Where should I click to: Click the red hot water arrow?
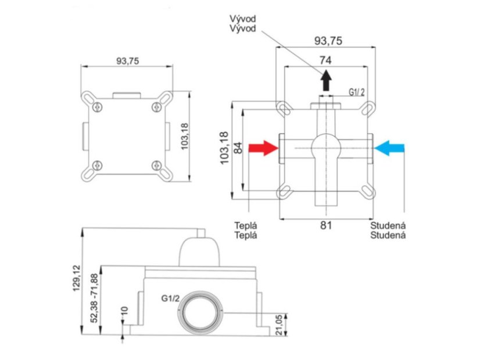pyautogui.click(x=263, y=148)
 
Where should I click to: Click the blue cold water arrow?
pyautogui.click(x=389, y=148)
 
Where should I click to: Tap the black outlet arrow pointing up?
pyautogui.click(x=326, y=80)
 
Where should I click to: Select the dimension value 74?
pyautogui.click(x=325, y=60)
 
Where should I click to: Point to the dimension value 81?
pyautogui.click(x=326, y=225)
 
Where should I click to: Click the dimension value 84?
pyautogui.click(x=238, y=147)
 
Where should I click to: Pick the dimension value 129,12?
pyautogui.click(x=76, y=278)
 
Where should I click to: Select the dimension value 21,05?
pyautogui.click(x=279, y=325)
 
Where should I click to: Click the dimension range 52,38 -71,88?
pyautogui.click(x=94, y=298)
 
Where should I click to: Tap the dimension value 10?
pyautogui.click(x=124, y=311)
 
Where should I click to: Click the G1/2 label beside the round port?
pyautogui.click(x=170, y=298)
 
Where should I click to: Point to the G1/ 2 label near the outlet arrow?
pyautogui.click(x=357, y=92)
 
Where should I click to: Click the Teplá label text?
pyautogui.click(x=246, y=231)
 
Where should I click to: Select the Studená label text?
pyautogui.click(x=388, y=231)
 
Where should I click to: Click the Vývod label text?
pyautogui.click(x=243, y=23)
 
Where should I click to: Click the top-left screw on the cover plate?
pyautogui.click(x=98, y=107)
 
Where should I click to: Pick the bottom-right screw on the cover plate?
pyautogui.click(x=157, y=165)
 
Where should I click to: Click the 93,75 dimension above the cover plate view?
pyautogui.click(x=127, y=61)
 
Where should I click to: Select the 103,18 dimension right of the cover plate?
pyautogui.click(x=185, y=136)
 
